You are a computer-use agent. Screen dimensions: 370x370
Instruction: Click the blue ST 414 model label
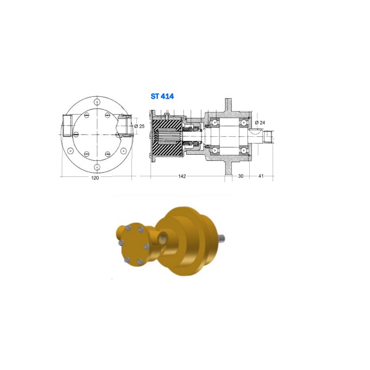click(x=162, y=96)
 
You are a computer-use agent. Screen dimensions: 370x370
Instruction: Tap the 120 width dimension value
click(x=95, y=178)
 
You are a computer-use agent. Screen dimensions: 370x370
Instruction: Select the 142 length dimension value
click(x=182, y=176)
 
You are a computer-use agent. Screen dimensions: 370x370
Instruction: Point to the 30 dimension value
click(x=240, y=176)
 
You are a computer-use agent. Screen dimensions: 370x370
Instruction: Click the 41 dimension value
click(x=261, y=176)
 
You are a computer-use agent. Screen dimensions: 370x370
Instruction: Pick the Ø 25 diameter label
click(x=139, y=126)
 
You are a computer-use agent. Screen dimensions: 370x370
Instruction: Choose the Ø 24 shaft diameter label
click(x=260, y=123)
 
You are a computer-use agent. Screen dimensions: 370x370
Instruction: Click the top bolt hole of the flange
click(x=97, y=102)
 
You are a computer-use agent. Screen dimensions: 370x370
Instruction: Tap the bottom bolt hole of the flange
click(x=97, y=167)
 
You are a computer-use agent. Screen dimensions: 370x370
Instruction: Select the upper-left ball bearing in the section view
click(x=215, y=123)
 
